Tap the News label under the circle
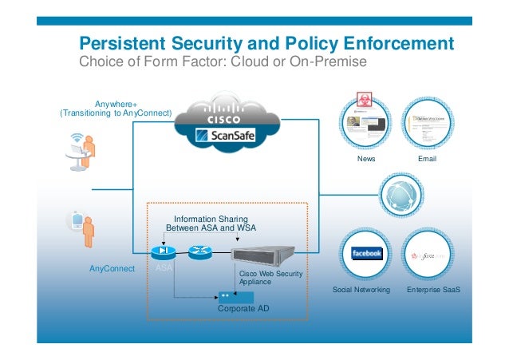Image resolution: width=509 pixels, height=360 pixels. click(x=366, y=160)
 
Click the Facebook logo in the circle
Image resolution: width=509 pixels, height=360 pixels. click(x=366, y=253)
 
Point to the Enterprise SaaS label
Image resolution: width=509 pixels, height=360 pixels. click(x=433, y=290)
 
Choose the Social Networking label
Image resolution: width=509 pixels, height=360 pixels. click(x=361, y=290)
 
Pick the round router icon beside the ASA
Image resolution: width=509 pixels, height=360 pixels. click(x=200, y=254)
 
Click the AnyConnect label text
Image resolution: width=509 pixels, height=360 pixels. click(x=111, y=270)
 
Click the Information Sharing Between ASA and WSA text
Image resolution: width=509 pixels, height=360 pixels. click(x=211, y=224)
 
